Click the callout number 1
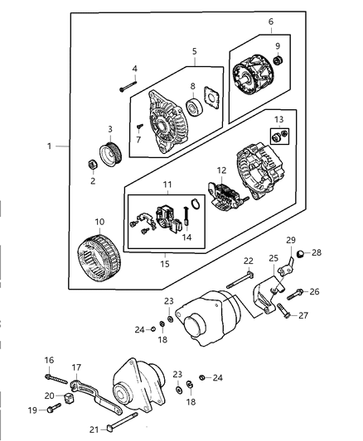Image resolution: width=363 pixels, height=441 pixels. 51,146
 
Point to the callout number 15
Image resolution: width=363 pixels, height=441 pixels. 164,263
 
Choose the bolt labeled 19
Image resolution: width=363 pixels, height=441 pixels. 55,409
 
